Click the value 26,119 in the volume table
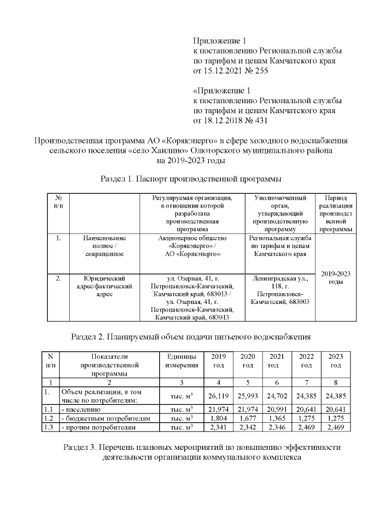(x=219, y=396)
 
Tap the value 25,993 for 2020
(x=247, y=396)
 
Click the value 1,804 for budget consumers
(x=219, y=418)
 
